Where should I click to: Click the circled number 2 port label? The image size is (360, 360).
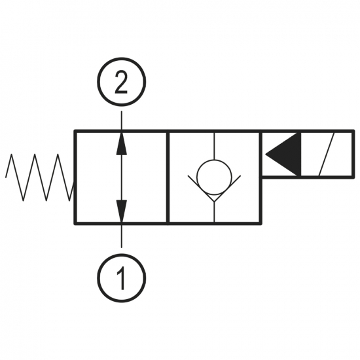pos(122,82)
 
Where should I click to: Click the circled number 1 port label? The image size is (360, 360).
pos(122,278)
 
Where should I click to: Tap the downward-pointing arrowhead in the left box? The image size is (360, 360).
pos(122,211)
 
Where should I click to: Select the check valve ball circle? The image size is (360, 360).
pos(214,177)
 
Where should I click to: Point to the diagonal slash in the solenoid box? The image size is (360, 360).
pos(327,154)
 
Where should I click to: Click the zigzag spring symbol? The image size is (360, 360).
pos(39,177)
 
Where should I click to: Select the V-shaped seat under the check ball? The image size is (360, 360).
pos(214,189)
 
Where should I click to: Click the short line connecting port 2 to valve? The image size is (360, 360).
pos(122,121)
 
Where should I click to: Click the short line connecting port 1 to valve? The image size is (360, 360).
pos(122,236)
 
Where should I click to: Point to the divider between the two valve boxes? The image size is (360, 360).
pos(168,177)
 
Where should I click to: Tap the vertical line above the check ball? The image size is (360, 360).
pos(214,146)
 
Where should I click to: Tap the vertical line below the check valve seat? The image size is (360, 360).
pos(214,212)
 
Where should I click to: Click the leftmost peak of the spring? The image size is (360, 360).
pos(11,154)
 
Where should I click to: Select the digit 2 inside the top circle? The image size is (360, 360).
pos(121,82)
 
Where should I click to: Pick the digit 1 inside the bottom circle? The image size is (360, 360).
pos(122,278)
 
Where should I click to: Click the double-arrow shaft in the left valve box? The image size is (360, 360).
pos(122,177)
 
